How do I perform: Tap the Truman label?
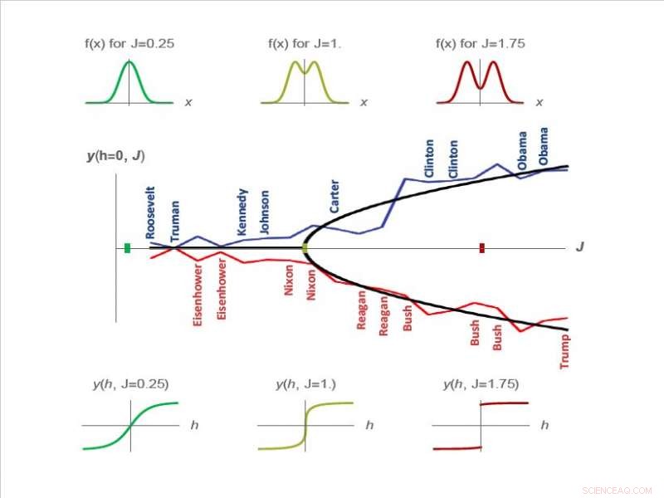coord(175,221)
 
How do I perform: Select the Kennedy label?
coord(242,212)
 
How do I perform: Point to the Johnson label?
coord(265,212)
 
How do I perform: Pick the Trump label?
coord(564,350)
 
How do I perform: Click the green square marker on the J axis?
coord(127,247)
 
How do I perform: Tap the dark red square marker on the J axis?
coord(482,247)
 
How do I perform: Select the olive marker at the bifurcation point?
coord(305,247)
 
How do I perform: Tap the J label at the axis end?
coord(579,247)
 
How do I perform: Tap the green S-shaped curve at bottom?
coord(130,425)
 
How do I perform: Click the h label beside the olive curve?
coord(369,425)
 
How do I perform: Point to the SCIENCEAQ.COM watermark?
coord(618,490)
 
